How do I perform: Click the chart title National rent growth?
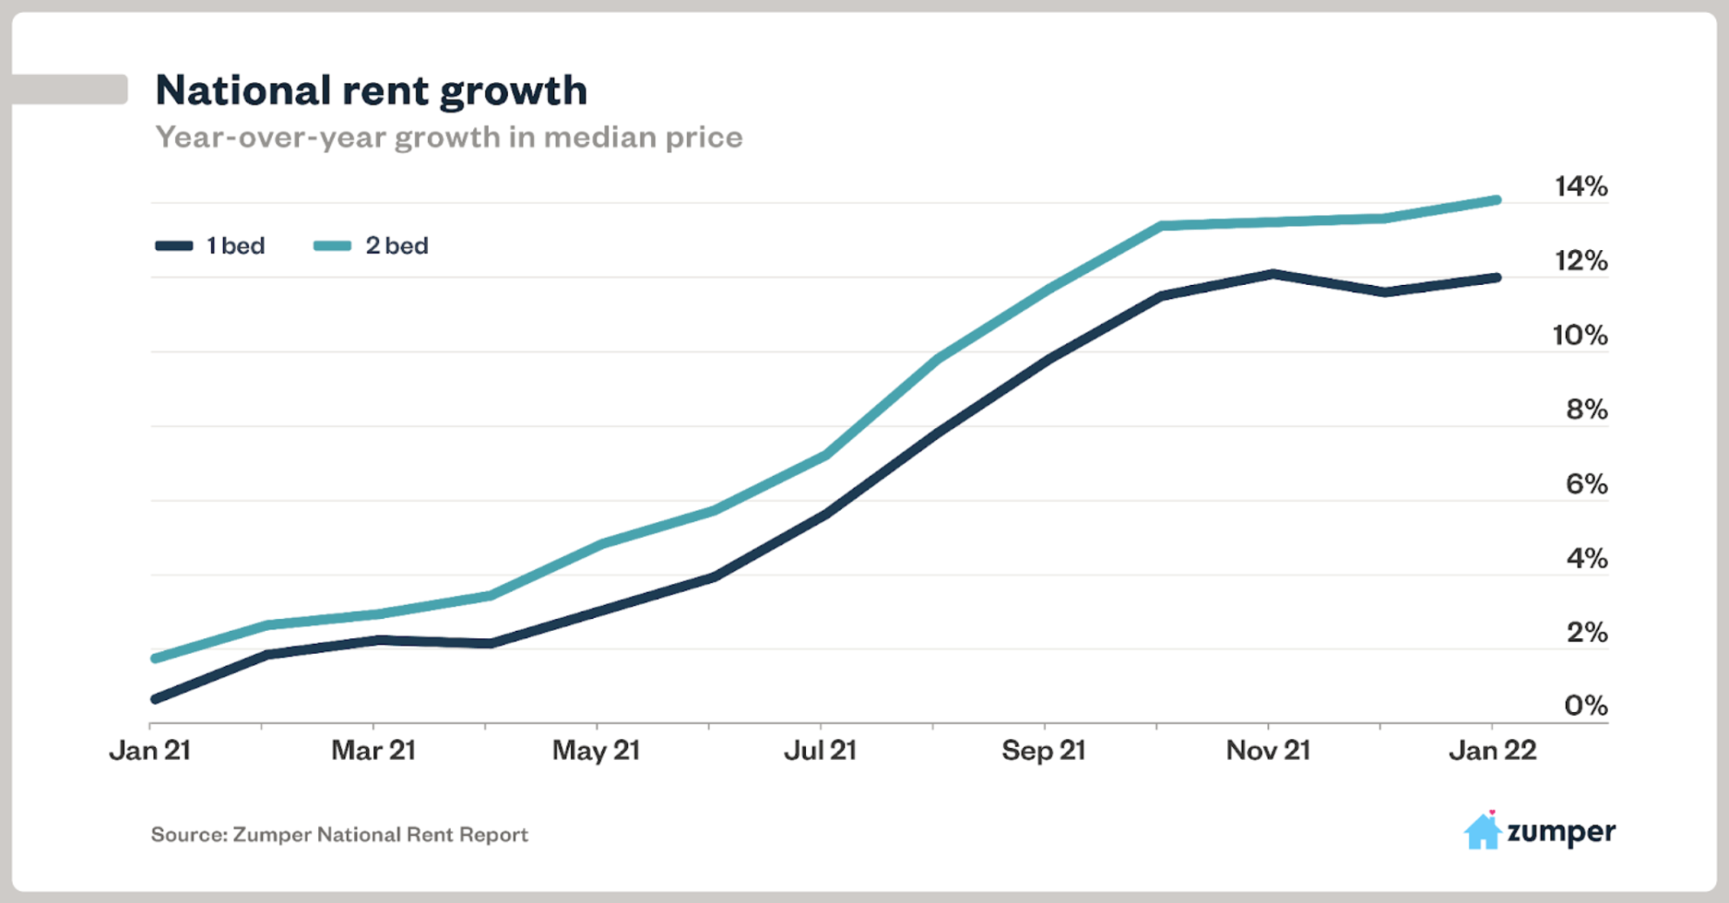tap(371, 91)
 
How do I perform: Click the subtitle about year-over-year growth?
tap(449, 138)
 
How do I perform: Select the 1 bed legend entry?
tap(211, 246)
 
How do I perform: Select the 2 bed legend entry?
tap(372, 246)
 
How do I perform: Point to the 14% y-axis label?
tap(1581, 187)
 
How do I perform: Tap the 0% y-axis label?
tap(1586, 705)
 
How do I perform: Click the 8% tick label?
tap(1586, 409)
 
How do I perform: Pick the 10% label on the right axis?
tap(1580, 335)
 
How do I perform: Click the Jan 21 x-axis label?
tap(150, 750)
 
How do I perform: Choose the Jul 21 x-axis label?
tap(820, 750)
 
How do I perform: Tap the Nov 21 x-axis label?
tap(1268, 750)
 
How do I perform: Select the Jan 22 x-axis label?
tap(1493, 750)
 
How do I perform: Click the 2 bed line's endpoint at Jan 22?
tap(1496, 200)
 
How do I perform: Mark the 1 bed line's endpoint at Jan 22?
tap(1496, 278)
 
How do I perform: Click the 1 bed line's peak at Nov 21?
tap(1272, 274)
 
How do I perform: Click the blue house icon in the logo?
tap(1482, 832)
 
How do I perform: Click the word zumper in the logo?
tap(1561, 832)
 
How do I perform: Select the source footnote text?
tap(340, 835)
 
